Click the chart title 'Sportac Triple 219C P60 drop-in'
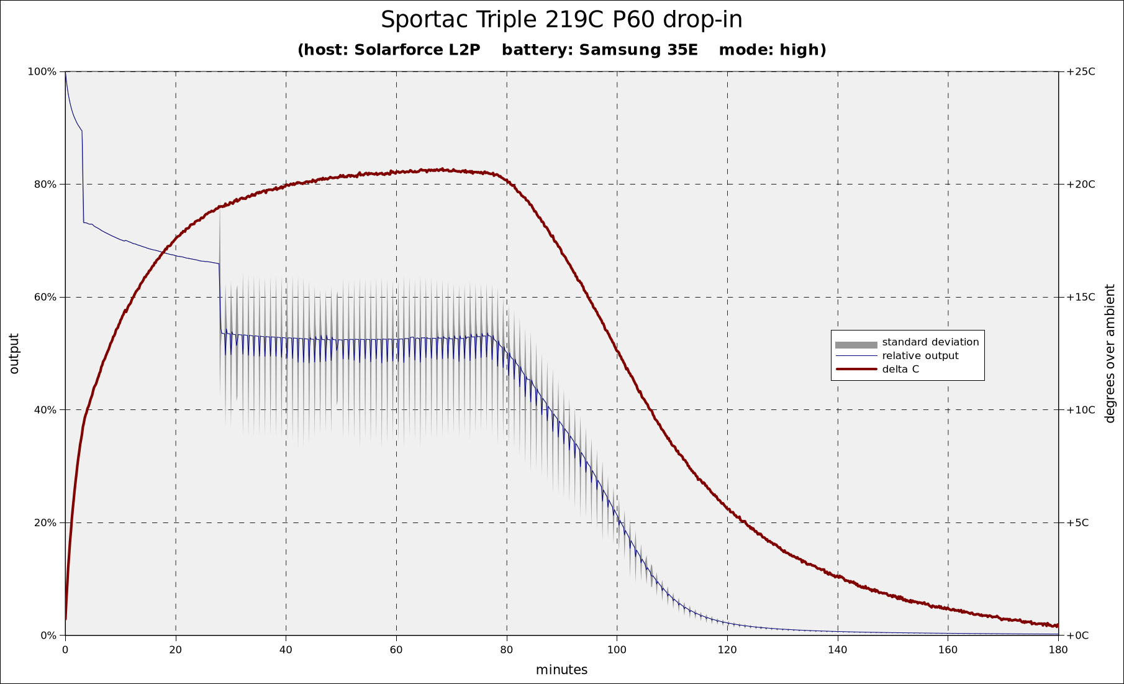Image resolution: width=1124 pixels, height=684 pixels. pyautogui.click(x=561, y=20)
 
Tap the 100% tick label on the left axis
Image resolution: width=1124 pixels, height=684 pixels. pyautogui.click(x=42, y=71)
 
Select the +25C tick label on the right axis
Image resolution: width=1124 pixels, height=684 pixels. pyautogui.click(x=1081, y=71)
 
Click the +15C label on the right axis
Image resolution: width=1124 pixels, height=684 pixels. pyautogui.click(x=1081, y=297)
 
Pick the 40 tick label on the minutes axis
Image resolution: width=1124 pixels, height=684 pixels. pyautogui.click(x=286, y=650)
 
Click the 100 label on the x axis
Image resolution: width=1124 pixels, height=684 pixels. pyautogui.click(x=617, y=650)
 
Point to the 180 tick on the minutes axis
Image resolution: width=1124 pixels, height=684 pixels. pyautogui.click(x=1058, y=650)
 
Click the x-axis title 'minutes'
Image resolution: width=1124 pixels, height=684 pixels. pyautogui.click(x=561, y=670)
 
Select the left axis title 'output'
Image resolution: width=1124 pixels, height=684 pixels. pyautogui.click(x=14, y=353)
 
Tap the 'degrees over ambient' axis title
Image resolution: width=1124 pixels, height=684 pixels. pyautogui.click(x=1110, y=353)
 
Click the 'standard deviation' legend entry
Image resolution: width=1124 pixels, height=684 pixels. pyautogui.click(x=930, y=342)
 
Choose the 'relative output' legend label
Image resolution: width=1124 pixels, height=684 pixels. pyautogui.click(x=920, y=356)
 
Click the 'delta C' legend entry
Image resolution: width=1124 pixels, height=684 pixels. pyautogui.click(x=900, y=370)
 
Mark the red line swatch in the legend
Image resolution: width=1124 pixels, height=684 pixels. pyautogui.click(x=856, y=370)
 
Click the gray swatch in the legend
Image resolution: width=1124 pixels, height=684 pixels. pyautogui.click(x=856, y=345)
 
